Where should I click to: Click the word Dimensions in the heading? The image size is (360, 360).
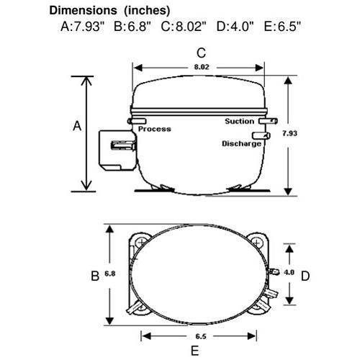83,11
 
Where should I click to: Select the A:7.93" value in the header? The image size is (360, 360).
83,27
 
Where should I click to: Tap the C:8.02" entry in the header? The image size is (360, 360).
184,27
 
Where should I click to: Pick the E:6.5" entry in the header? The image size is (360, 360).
282,27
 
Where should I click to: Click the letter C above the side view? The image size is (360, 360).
201,53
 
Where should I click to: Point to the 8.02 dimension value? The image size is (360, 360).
202,67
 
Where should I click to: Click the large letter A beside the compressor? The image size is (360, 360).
77,126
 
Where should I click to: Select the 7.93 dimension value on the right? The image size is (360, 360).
289,133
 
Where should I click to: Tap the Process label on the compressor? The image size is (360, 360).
155,129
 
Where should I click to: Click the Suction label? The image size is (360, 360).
239,121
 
